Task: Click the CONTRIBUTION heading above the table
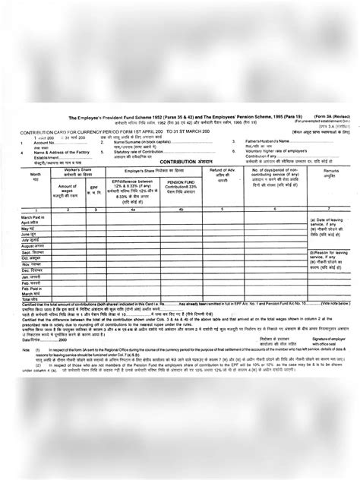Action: (x=181, y=141)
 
